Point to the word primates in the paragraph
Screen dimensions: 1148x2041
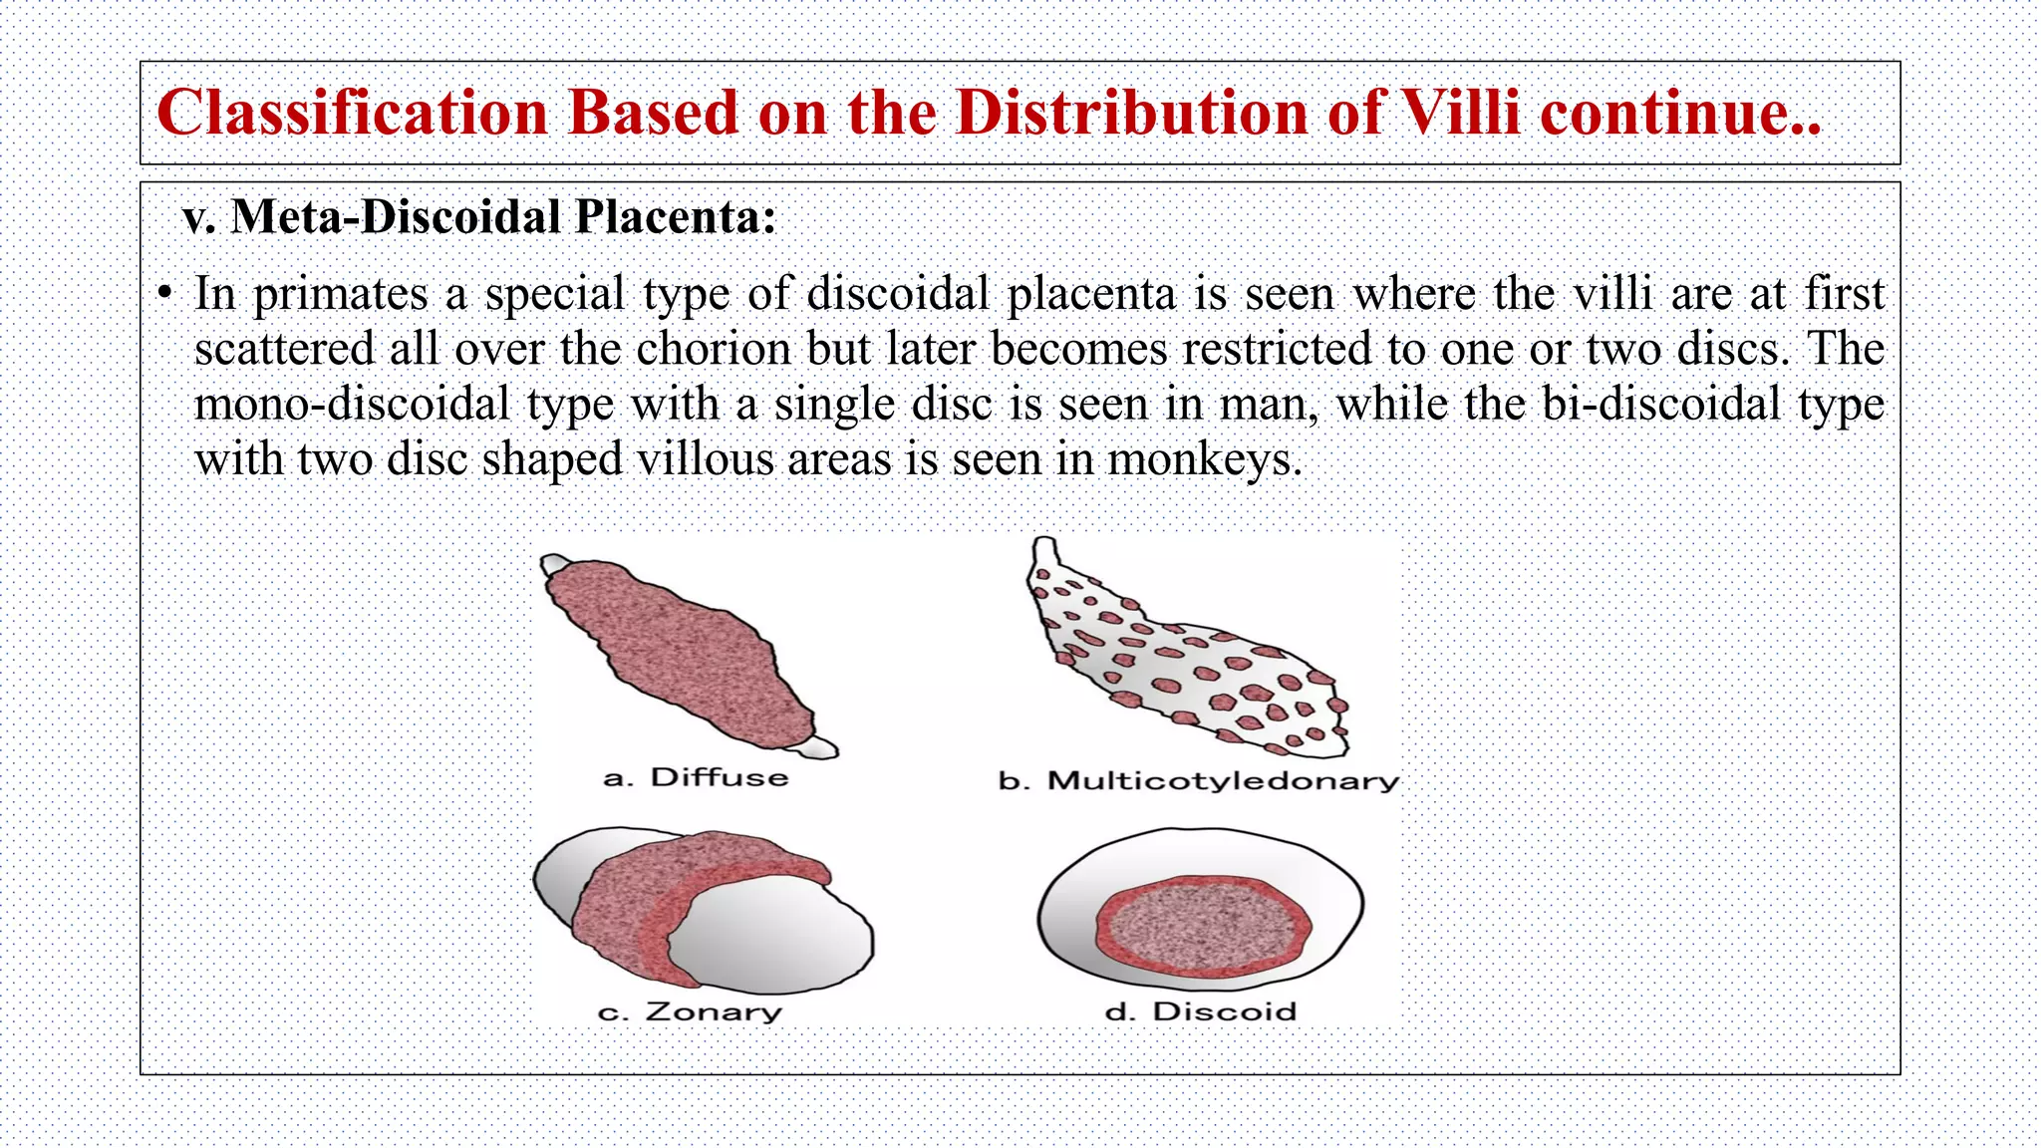click(x=340, y=295)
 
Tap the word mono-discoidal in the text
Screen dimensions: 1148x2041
click(x=352, y=405)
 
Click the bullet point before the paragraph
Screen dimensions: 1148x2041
click(x=164, y=294)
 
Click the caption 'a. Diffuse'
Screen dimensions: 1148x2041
click(x=696, y=777)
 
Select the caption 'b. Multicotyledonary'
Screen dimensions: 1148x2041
click(x=1198, y=780)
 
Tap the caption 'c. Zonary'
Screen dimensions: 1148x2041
click(x=690, y=1011)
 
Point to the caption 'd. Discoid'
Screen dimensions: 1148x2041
click(x=1201, y=1011)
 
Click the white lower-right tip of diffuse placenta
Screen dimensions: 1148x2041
click(x=821, y=748)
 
